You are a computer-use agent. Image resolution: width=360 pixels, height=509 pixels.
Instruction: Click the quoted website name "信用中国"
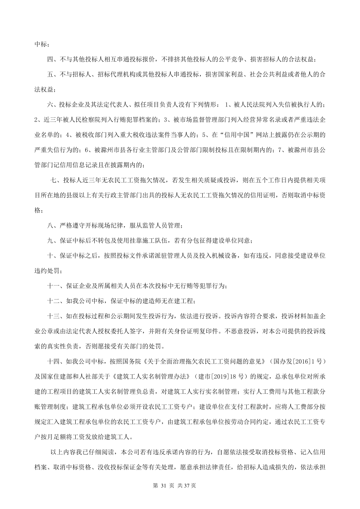(x=236, y=135)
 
